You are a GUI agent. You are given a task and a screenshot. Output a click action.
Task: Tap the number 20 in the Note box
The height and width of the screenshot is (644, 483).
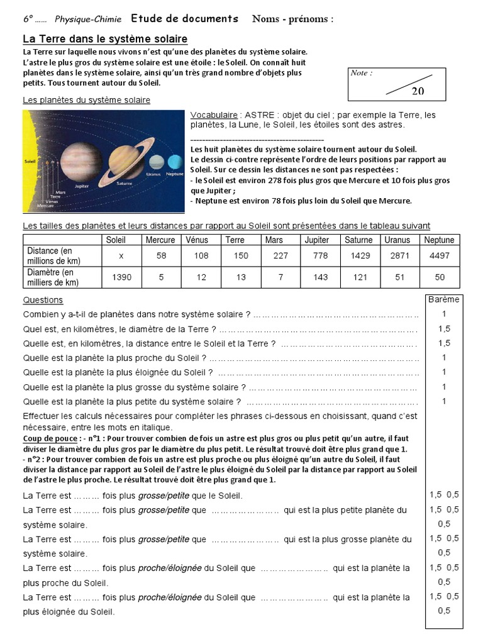tap(418, 91)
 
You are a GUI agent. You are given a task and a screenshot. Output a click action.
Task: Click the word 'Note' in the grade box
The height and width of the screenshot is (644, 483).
tap(361, 73)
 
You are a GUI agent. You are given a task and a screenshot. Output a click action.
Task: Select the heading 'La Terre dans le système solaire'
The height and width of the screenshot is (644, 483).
tap(105, 39)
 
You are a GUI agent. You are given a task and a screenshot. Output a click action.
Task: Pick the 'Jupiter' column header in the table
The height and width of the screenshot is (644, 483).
tap(316, 240)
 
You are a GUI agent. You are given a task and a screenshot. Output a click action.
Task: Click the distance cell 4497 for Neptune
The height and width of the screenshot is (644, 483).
tap(439, 255)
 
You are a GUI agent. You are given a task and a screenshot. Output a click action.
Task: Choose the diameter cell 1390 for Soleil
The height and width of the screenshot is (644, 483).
tap(121, 277)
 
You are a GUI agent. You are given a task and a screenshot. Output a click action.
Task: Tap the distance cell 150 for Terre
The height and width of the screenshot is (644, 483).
tap(235, 255)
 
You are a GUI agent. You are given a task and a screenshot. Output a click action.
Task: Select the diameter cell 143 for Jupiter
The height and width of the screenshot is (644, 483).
tap(316, 277)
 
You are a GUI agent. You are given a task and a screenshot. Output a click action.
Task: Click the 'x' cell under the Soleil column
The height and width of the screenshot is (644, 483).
tap(121, 255)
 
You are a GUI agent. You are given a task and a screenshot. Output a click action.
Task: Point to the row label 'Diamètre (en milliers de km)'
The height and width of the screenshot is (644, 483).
tap(50, 277)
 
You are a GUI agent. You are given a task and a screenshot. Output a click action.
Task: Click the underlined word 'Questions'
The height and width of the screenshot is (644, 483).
tap(43, 300)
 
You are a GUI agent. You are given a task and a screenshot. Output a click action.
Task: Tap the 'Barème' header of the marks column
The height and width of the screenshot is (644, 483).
tap(443, 299)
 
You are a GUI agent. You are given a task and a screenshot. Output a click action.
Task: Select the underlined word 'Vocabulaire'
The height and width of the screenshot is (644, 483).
tap(213, 116)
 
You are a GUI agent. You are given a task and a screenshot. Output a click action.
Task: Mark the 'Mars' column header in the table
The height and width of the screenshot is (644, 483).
tap(274, 240)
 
